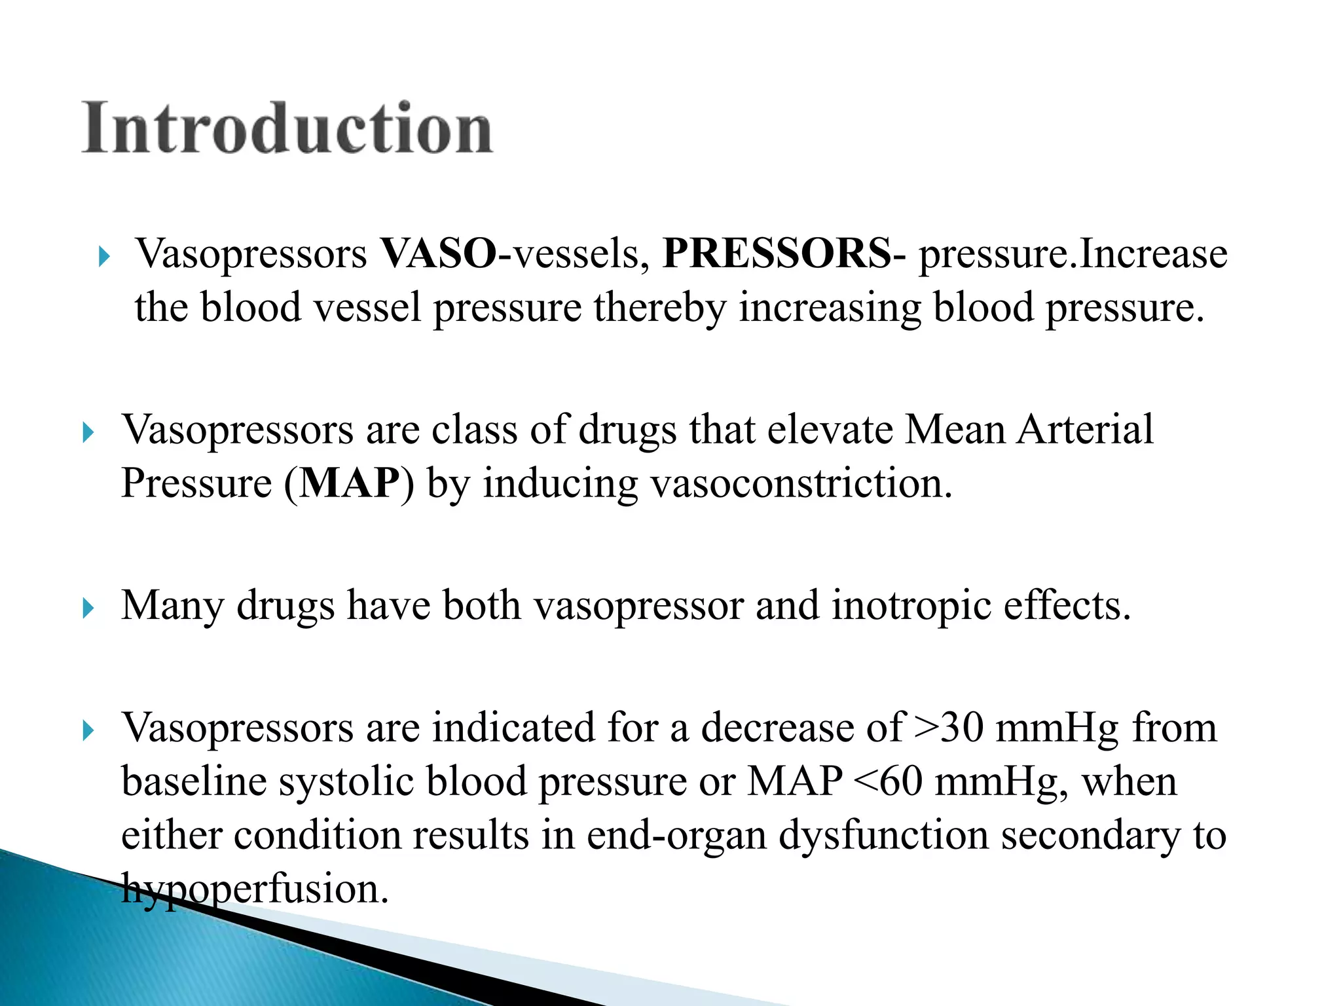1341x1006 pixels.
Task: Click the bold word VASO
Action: pyautogui.click(x=438, y=254)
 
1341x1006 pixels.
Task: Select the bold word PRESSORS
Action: pyautogui.click(x=776, y=254)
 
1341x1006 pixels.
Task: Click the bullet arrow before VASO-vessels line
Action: pyautogui.click(x=103, y=256)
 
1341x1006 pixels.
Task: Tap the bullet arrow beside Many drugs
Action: pyautogui.click(x=88, y=608)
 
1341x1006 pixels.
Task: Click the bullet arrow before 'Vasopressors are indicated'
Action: pyautogui.click(x=88, y=730)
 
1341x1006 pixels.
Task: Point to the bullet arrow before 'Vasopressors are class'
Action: pyautogui.click(x=88, y=432)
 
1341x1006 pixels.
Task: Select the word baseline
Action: pyautogui.click(x=194, y=781)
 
